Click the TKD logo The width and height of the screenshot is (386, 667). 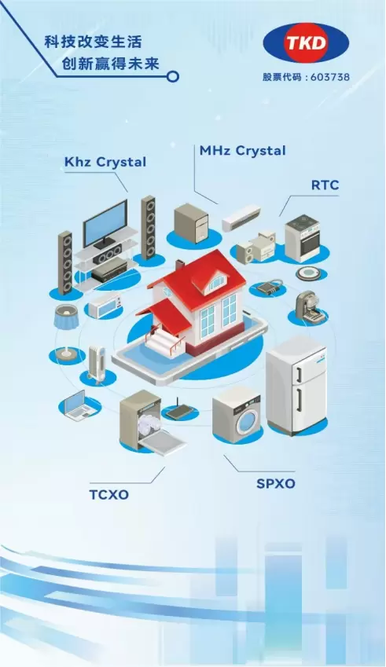coord(306,43)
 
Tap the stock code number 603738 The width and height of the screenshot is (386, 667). coord(330,77)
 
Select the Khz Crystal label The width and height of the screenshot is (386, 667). coord(105,162)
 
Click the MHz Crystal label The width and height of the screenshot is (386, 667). coord(243,151)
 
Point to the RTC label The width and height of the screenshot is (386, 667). coord(325,185)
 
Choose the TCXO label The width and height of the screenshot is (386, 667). coord(109,495)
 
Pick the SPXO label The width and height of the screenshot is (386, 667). coord(276,484)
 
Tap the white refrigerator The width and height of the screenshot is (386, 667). coord(296,385)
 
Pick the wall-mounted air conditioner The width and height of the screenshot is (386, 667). coord(241,218)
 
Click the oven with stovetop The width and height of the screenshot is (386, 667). coord(302,238)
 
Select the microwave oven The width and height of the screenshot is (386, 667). coord(105,305)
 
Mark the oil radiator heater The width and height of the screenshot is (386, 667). coord(96,363)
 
